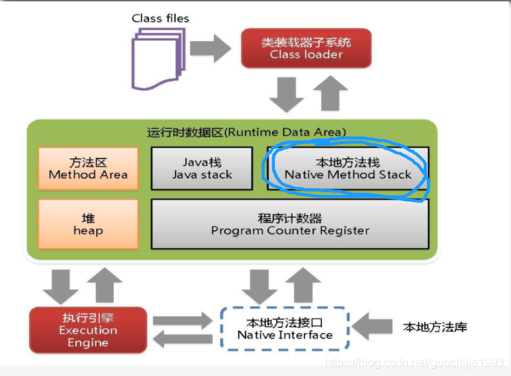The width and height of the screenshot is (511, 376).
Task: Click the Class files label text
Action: click(x=160, y=18)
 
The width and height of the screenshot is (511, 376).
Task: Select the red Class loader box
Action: click(x=306, y=48)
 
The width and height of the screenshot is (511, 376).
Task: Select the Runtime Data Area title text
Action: click(x=246, y=132)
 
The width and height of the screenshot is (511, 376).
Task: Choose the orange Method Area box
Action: click(x=88, y=168)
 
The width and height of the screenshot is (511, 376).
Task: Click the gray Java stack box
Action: click(x=202, y=168)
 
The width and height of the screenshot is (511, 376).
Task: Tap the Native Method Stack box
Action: click(x=347, y=168)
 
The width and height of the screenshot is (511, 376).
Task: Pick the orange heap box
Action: click(x=88, y=224)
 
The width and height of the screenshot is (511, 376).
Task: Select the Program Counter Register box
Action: click(x=290, y=224)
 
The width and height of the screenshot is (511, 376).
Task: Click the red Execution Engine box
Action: click(x=88, y=330)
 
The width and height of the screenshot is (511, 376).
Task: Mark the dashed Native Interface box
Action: click(x=285, y=329)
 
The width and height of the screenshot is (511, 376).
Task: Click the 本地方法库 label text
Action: click(x=435, y=327)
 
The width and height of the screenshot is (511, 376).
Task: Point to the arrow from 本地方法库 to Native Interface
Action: click(x=372, y=327)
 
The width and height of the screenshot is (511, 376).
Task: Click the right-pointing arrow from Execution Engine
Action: click(x=184, y=320)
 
